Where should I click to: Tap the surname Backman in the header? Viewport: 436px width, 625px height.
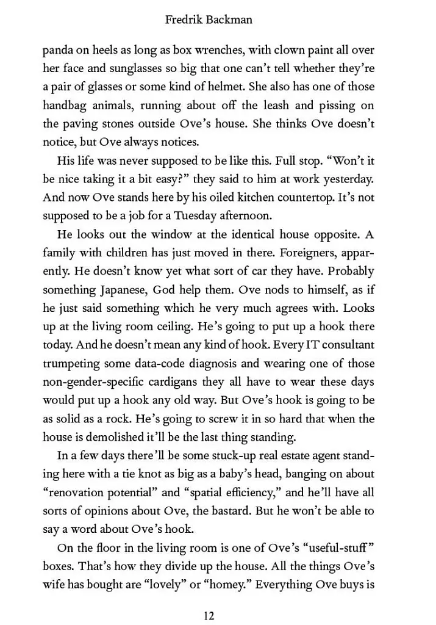231,20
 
